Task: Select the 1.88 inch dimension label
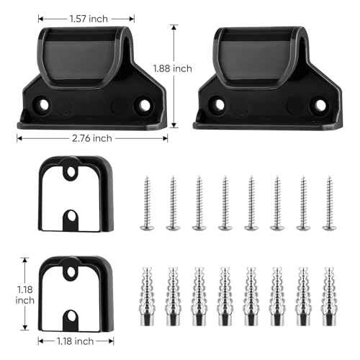pos(173,68)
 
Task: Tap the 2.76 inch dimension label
pos(91,138)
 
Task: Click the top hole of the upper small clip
pos(70,174)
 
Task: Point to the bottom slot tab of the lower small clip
pos(71,315)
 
